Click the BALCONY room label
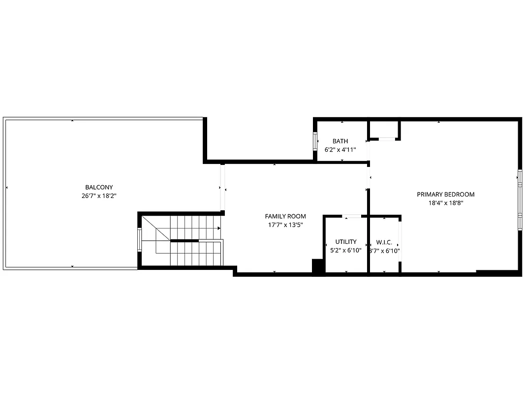(99, 187)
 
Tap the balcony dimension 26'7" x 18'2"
(99, 196)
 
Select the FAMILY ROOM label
(285, 216)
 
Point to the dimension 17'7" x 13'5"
(285, 225)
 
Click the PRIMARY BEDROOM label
(446, 194)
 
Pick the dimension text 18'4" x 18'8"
(446, 202)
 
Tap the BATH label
(340, 141)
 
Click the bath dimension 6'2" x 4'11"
(340, 149)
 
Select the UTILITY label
(346, 242)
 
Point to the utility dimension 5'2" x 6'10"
(346, 250)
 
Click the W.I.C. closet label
(384, 242)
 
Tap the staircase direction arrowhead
(218, 228)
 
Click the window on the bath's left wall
(315, 141)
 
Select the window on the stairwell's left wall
(140, 240)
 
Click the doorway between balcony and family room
(222, 187)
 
